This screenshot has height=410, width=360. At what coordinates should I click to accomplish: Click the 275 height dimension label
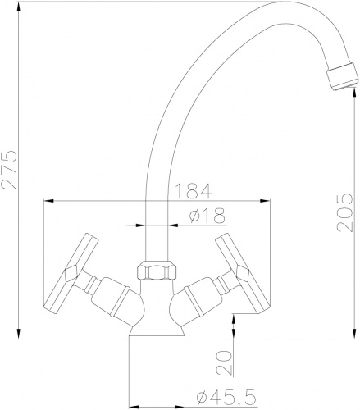(x=9, y=169)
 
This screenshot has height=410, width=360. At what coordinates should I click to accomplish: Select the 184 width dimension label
(x=193, y=191)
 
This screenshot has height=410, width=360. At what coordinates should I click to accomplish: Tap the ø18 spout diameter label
(x=207, y=216)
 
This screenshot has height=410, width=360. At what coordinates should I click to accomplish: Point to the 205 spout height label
(x=345, y=212)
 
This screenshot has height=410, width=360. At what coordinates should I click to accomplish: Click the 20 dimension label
(x=224, y=362)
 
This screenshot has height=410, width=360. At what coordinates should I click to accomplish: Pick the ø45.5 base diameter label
(x=226, y=397)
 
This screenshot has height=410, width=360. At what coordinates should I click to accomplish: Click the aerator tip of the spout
(x=342, y=76)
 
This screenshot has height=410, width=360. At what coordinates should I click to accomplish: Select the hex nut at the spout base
(x=157, y=271)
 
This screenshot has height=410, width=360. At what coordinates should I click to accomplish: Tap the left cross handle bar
(x=71, y=273)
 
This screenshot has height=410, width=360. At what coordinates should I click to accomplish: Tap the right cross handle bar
(x=243, y=273)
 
